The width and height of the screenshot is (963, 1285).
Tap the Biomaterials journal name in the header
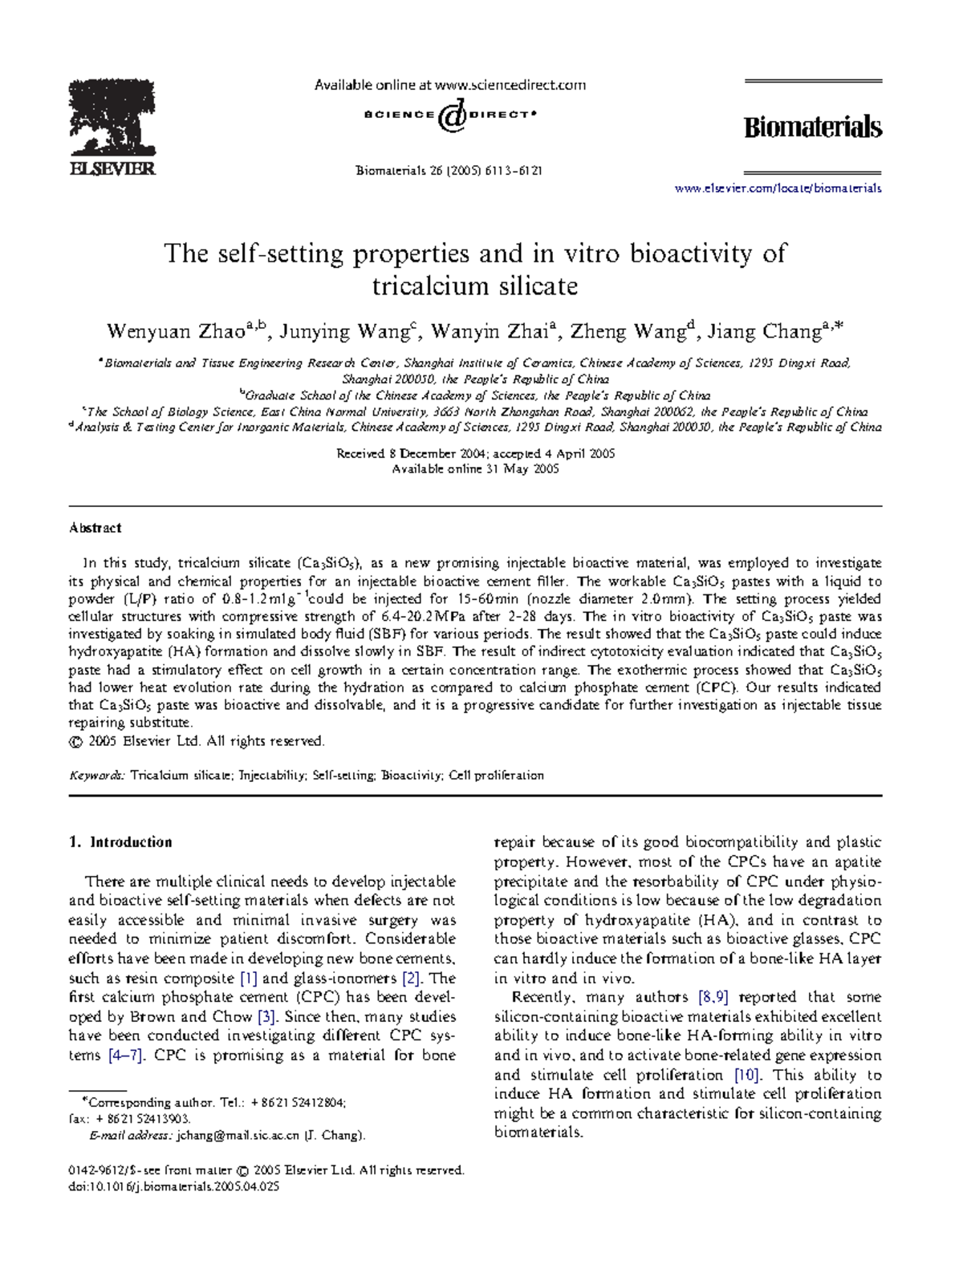tap(812, 128)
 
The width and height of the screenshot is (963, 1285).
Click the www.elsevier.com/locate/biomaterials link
tap(778, 188)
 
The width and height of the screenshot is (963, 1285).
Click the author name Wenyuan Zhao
tap(176, 331)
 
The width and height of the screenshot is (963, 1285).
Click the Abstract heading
tap(95, 528)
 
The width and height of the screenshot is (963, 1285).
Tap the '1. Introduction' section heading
tap(120, 842)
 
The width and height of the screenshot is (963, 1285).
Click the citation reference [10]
tap(746, 1075)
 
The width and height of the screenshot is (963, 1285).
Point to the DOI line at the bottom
tap(174, 1187)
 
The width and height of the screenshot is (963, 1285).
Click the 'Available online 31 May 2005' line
tap(475, 469)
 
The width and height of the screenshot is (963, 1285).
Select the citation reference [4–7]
tap(126, 1056)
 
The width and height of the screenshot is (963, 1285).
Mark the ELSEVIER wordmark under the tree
tap(112, 169)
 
